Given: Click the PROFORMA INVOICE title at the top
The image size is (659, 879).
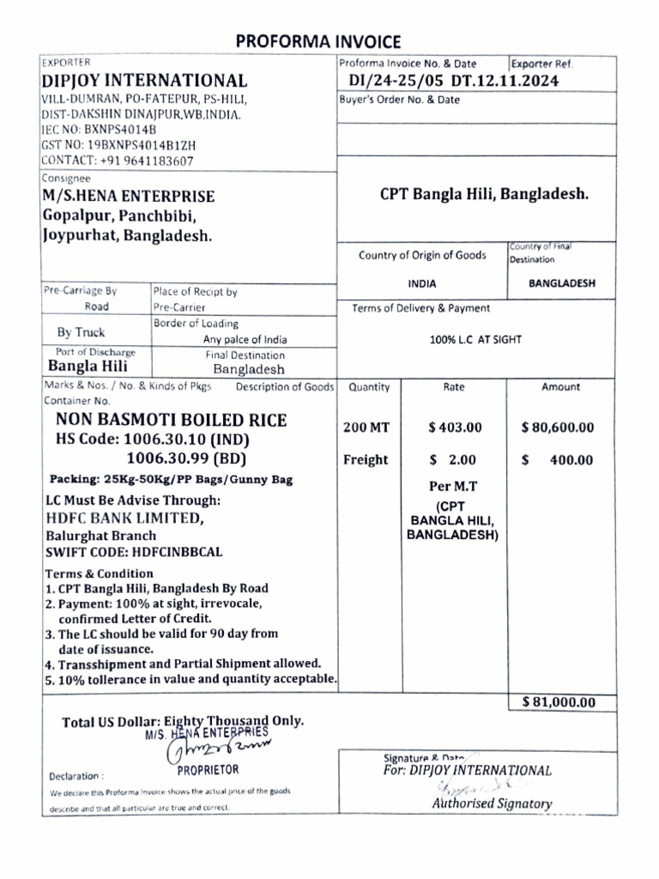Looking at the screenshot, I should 318,41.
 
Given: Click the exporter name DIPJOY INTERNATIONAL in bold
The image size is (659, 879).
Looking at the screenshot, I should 145,81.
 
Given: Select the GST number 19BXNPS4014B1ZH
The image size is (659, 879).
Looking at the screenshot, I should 118,145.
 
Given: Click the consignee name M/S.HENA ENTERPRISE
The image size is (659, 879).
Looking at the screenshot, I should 129,197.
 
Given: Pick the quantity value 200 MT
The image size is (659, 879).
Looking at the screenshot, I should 366,427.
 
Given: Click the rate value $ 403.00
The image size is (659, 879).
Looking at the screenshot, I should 454,427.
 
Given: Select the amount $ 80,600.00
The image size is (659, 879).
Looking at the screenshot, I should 557,427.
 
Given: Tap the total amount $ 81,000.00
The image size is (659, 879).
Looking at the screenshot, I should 558,702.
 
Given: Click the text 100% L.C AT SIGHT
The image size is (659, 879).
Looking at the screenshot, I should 475,339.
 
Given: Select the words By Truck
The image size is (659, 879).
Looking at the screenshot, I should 81,332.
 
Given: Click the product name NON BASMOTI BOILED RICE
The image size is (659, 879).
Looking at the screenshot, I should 172,420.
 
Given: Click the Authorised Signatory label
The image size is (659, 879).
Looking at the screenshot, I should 492,804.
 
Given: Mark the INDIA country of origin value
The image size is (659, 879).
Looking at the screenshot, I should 421,283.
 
